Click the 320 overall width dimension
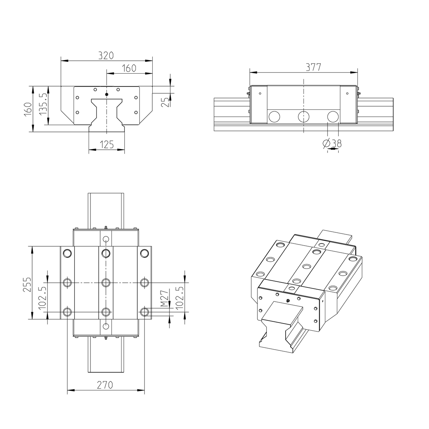tap(106, 55)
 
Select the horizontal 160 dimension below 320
tap(129, 68)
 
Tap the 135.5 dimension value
tap(43, 104)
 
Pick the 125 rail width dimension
tap(107, 145)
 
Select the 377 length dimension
tap(313, 67)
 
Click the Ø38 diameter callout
tap(332, 144)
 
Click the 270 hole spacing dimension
tap(105, 385)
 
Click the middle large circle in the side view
tap(304, 117)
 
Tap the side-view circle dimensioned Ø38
tap(333, 117)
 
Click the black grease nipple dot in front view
tap(107, 94)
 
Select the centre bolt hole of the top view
tap(105, 283)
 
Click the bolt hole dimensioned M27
tap(144, 312)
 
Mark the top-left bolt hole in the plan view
tap(67, 253)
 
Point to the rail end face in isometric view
tap(281, 325)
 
